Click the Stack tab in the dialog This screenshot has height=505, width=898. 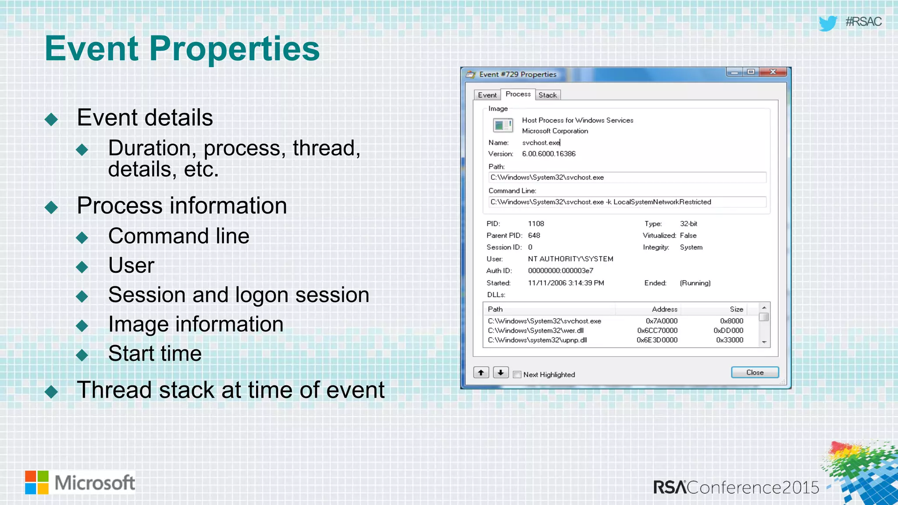pyautogui.click(x=547, y=95)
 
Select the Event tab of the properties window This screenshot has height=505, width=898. pyautogui.click(x=487, y=95)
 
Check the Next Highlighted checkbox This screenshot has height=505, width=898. pyautogui.click(x=517, y=374)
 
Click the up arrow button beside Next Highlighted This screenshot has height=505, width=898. pyautogui.click(x=481, y=373)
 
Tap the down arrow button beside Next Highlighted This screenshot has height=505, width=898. pyautogui.click(x=500, y=373)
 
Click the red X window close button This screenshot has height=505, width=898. pyautogui.click(x=773, y=72)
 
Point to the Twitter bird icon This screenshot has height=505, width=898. pyautogui.click(x=828, y=23)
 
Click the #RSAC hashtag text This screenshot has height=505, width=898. pyautogui.click(x=863, y=22)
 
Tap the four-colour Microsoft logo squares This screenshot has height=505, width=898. pyautogui.click(x=37, y=482)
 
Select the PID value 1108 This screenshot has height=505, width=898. pyautogui.click(x=536, y=224)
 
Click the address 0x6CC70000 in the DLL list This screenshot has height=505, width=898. pyautogui.click(x=657, y=331)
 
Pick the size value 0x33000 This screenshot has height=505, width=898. pyautogui.click(x=730, y=340)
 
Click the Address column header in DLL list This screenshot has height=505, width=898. pyautogui.click(x=664, y=309)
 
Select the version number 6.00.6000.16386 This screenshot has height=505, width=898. pyautogui.click(x=549, y=154)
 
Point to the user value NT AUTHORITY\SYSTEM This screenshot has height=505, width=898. pyautogui.click(x=570, y=259)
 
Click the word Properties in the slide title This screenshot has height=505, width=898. pyautogui.click(x=235, y=48)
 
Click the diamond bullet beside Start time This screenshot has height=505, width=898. pyautogui.click(x=82, y=355)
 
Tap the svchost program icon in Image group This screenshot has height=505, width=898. pyautogui.click(x=502, y=126)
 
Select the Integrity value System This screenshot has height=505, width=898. pyautogui.click(x=691, y=247)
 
